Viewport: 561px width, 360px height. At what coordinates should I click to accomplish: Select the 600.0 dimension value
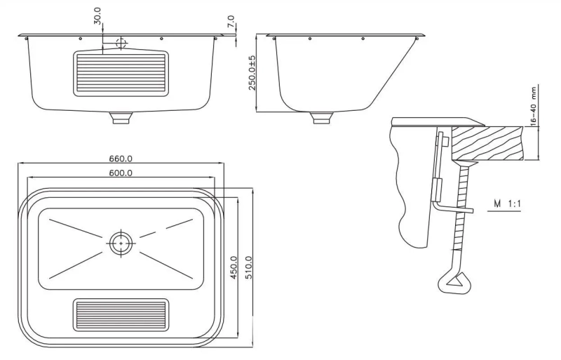(121, 173)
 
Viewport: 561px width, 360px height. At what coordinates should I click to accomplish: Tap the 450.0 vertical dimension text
(234, 267)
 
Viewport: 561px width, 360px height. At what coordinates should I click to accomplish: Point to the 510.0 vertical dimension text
(249, 267)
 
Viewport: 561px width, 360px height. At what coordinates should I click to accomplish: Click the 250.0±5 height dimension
(252, 73)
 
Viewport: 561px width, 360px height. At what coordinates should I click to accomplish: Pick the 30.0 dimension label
(97, 16)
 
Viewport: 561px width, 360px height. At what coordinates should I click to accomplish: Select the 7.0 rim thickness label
(231, 21)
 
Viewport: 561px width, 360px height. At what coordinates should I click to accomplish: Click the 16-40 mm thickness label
(534, 106)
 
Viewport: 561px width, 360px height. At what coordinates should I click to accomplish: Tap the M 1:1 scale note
(507, 204)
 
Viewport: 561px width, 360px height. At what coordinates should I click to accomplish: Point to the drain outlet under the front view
(122, 118)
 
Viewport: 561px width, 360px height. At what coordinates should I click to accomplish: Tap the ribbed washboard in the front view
(121, 74)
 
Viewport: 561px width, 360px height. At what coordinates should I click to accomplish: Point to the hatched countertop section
(488, 143)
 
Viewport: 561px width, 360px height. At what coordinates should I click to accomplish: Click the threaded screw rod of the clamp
(461, 215)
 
